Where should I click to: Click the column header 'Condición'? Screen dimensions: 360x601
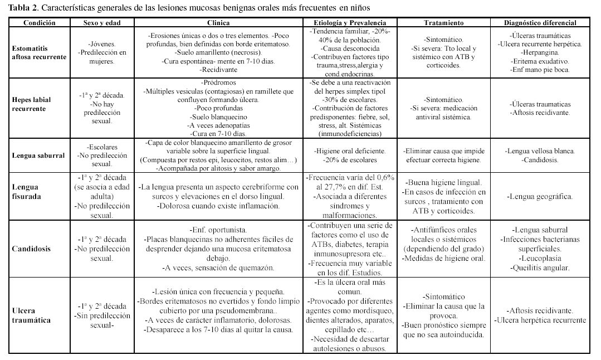click(x=40, y=23)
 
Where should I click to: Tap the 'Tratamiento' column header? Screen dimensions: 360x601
click(x=443, y=23)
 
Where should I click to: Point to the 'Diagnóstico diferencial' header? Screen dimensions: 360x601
click(x=540, y=23)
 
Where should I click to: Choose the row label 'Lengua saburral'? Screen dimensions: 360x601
click(x=38, y=155)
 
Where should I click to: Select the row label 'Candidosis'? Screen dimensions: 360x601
click(x=31, y=248)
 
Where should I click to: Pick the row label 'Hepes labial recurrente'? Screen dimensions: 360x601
click(x=31, y=104)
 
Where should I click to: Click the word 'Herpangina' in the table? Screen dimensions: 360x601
click(x=539, y=52)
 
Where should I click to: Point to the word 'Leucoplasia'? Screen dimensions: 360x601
click(x=540, y=258)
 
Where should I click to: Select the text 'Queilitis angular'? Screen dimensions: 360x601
click(x=540, y=267)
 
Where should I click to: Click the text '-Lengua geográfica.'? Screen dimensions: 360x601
click(x=540, y=197)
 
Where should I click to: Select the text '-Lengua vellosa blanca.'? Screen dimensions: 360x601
click(x=540, y=151)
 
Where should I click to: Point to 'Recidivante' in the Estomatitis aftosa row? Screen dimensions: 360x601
click(x=218, y=70)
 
